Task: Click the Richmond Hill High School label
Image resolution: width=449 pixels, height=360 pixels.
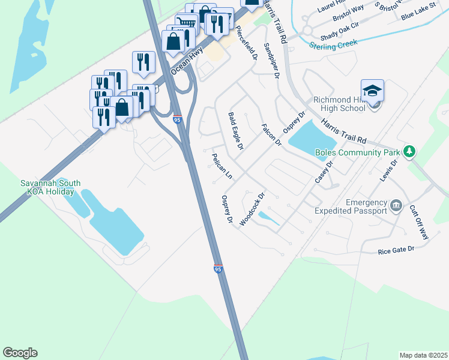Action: point(339,104)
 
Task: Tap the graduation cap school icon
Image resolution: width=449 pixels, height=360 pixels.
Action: point(373,91)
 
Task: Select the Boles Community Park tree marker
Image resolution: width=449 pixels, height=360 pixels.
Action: point(409,151)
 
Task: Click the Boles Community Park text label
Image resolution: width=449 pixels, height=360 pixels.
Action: point(357,152)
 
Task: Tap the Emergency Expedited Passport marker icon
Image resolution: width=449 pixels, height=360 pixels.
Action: point(396,206)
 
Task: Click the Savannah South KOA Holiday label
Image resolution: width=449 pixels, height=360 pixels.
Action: point(50,187)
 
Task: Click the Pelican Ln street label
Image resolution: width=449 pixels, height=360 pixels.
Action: point(221,166)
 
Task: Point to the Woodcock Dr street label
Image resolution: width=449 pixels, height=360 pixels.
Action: point(252,209)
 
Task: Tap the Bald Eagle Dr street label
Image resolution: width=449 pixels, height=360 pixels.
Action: point(236,130)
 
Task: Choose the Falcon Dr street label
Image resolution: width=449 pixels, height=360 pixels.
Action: point(271,135)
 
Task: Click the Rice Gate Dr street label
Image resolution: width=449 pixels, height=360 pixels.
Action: point(396,250)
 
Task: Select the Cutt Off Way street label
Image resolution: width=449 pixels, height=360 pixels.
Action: point(418,223)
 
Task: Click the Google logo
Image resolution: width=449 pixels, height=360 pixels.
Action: point(20,353)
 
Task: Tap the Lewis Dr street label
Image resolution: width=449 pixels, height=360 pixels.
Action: point(389,170)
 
